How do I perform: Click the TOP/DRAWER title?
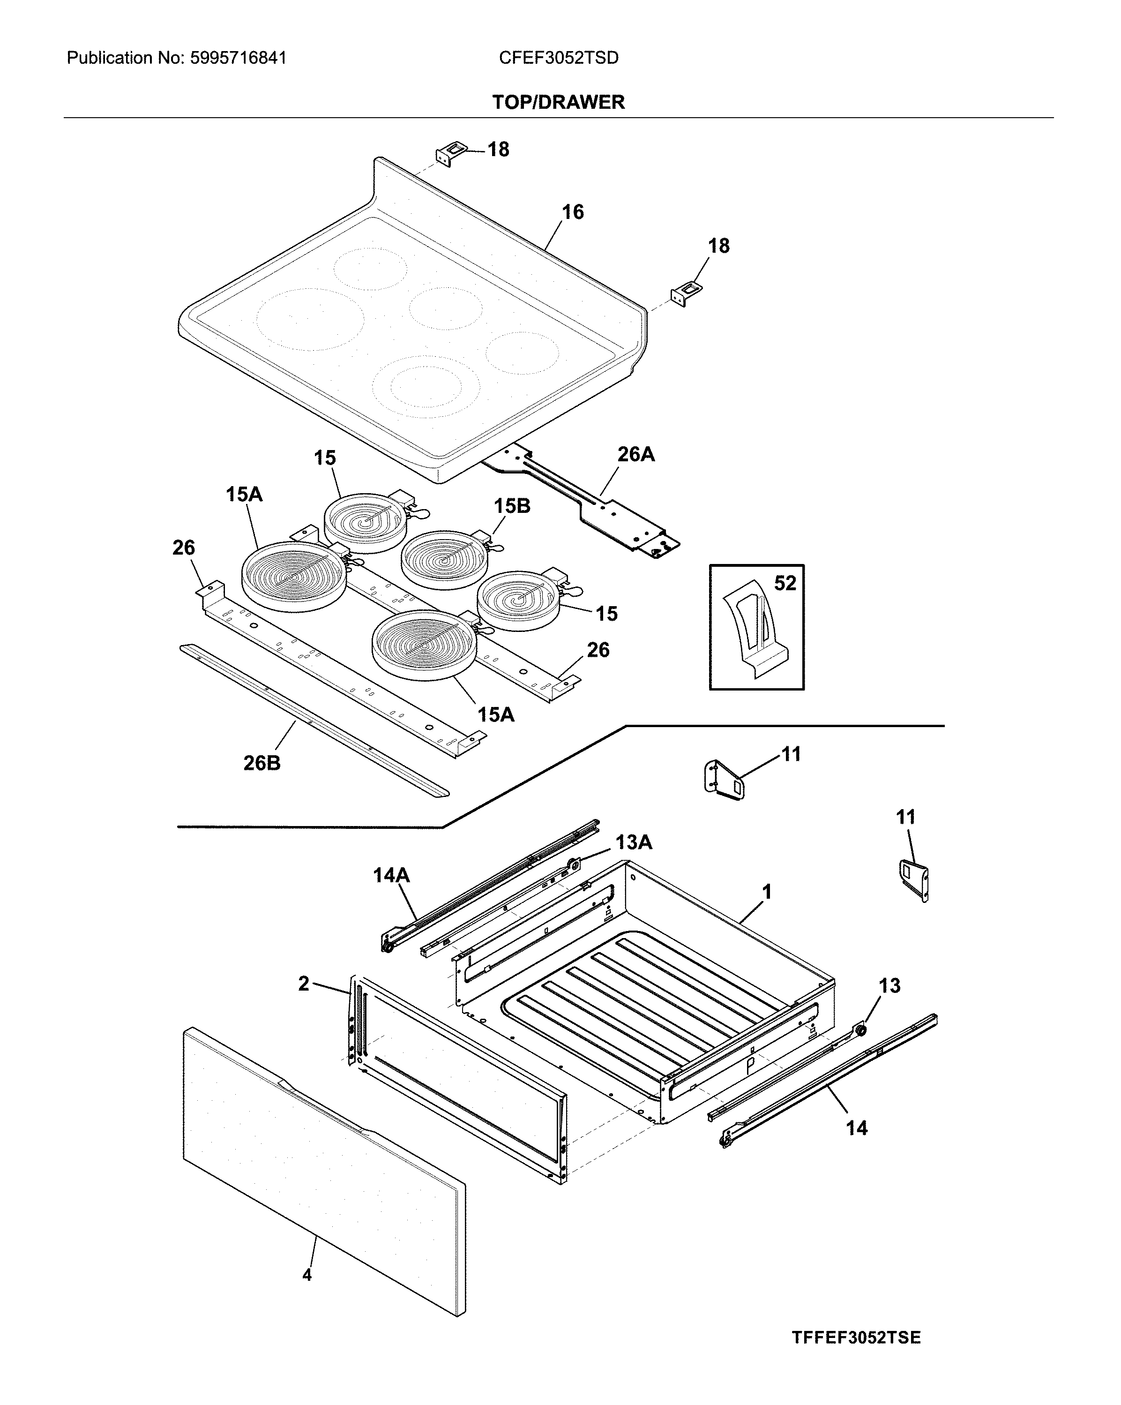coord(558,102)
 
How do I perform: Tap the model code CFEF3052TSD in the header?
coord(558,58)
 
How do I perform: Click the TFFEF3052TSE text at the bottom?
coord(856,1333)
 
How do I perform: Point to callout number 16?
coord(573,212)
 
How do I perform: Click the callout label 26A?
coord(636,454)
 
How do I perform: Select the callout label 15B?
coord(512,506)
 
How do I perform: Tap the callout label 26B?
coord(262,763)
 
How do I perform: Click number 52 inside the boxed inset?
coord(785,583)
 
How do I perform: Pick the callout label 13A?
coord(633,842)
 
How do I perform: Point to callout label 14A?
coord(391,875)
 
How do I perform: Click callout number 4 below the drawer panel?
coord(307,1275)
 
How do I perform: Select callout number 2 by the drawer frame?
coord(304,984)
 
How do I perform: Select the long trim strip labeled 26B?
coord(313,720)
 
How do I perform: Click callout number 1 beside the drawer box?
coord(767,892)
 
